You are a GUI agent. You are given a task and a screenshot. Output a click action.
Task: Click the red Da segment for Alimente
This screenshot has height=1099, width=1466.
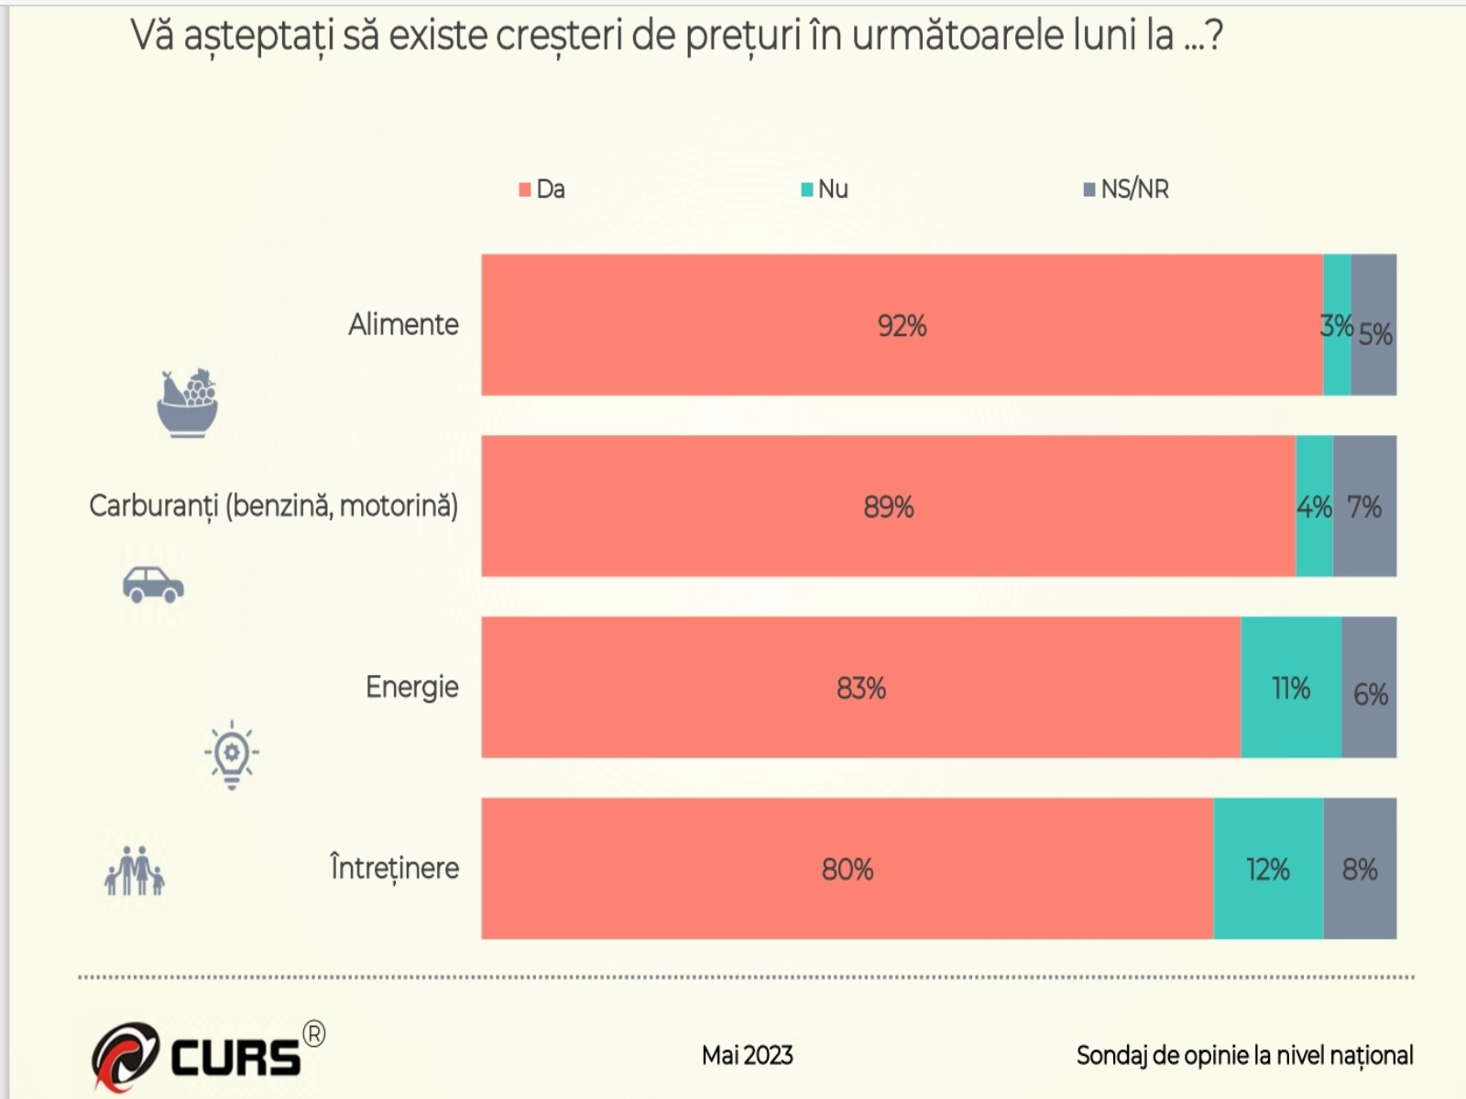(902, 325)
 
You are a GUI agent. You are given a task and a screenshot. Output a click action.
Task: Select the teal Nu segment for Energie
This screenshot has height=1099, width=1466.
(1291, 688)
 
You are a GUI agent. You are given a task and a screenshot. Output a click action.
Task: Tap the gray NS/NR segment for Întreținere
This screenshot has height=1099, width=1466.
(1360, 868)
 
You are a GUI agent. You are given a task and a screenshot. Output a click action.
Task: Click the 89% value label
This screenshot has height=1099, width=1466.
(889, 506)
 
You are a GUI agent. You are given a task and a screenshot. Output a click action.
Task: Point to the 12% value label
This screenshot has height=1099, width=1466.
(1268, 869)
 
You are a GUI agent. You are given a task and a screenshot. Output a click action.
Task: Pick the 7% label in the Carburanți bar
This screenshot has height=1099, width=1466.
(1364, 506)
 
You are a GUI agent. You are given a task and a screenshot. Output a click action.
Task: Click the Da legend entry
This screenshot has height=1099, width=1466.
(542, 190)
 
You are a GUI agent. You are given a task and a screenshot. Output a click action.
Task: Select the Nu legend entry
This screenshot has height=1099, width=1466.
(825, 190)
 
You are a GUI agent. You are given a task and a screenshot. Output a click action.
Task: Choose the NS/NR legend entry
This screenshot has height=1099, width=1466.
(1126, 190)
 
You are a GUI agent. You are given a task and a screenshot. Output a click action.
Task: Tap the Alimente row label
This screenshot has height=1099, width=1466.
(403, 324)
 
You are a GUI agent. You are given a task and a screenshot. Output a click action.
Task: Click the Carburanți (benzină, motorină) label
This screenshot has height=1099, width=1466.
(273, 506)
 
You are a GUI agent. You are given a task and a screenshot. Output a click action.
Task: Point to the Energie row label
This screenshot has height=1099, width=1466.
(411, 687)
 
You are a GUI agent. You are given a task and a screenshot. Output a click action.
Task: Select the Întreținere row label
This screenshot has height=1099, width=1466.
(394, 868)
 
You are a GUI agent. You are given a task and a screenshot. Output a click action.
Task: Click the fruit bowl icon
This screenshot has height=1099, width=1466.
(188, 403)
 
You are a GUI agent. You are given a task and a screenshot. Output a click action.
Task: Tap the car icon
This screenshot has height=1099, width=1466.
(153, 584)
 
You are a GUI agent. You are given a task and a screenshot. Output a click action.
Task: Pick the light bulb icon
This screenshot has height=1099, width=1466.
(232, 755)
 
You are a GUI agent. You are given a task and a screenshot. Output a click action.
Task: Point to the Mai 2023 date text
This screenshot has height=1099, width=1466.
(747, 1056)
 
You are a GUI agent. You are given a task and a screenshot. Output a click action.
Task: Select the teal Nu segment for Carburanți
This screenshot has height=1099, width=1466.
(1314, 506)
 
